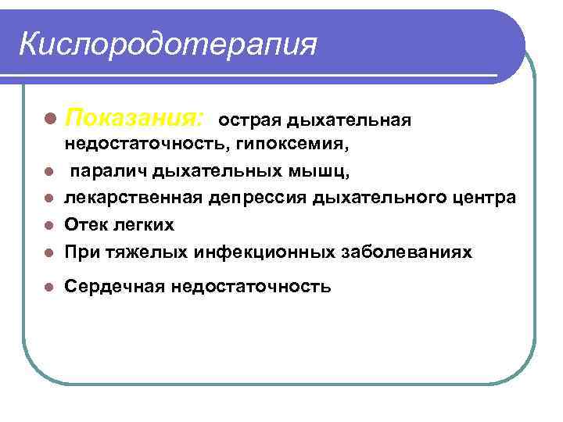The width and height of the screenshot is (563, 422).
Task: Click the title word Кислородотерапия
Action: (x=168, y=44)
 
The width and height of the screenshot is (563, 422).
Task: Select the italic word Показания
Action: (x=134, y=120)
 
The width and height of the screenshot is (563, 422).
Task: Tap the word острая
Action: (x=249, y=121)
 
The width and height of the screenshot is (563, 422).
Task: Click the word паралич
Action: (x=109, y=171)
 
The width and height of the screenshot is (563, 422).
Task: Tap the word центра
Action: (x=481, y=198)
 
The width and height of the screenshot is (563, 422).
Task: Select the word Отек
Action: (x=86, y=225)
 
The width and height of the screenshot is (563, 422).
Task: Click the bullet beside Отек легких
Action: (x=49, y=226)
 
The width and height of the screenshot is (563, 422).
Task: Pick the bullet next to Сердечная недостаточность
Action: (x=49, y=288)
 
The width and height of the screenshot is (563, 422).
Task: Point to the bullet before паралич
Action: (x=49, y=172)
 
